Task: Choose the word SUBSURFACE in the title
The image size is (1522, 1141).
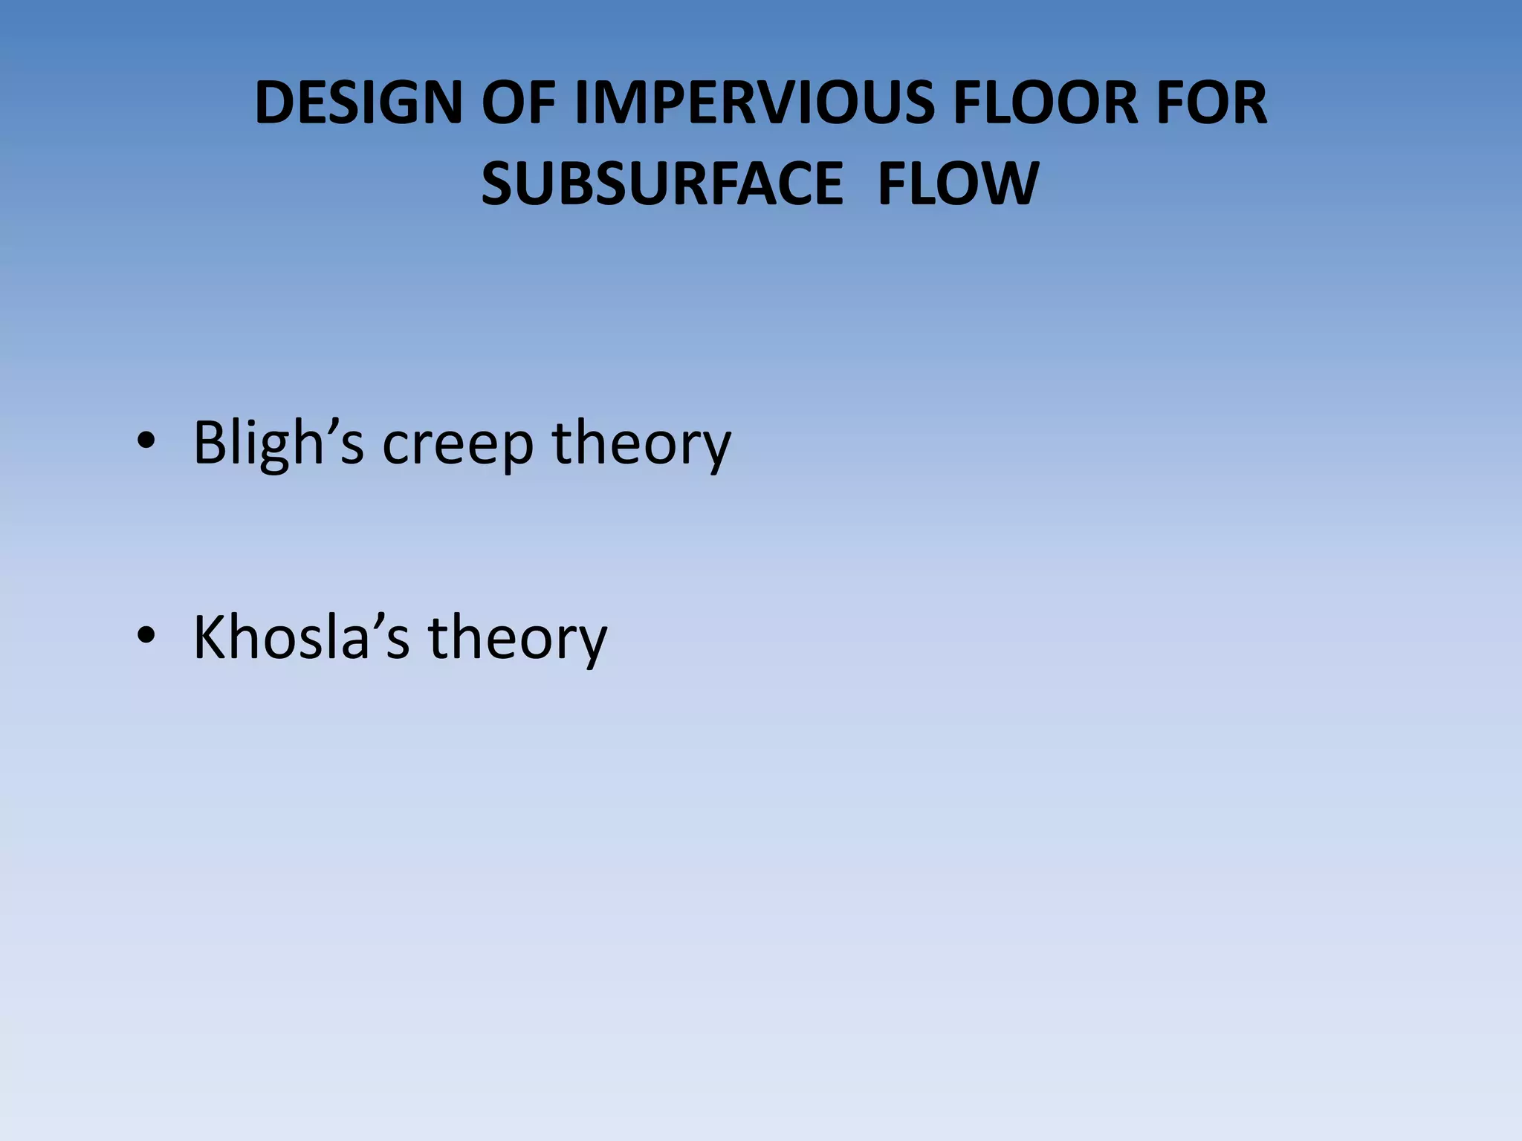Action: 662,183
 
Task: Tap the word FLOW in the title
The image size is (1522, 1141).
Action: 958,183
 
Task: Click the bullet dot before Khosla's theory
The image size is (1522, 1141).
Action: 146,637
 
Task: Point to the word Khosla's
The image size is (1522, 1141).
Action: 301,637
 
